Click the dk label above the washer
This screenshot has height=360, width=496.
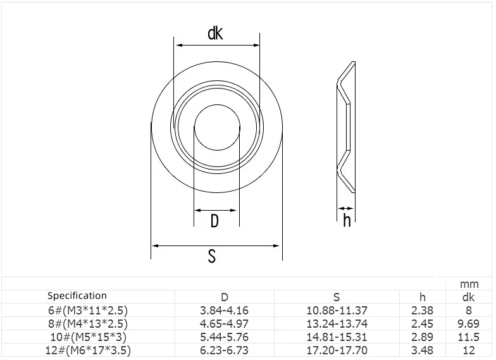tap(215, 33)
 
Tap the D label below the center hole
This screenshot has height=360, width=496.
tap(214, 221)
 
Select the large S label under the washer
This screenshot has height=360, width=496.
tap(212, 256)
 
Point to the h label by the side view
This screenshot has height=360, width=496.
tap(347, 220)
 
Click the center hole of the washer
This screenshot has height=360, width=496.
tap(217, 128)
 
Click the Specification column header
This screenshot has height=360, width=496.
tap(77, 296)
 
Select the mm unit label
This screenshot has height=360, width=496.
tap(469, 285)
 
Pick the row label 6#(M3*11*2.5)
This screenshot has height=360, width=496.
tap(88, 311)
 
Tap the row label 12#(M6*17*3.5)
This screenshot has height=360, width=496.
tap(88, 351)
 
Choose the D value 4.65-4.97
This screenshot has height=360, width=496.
tap(224, 324)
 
